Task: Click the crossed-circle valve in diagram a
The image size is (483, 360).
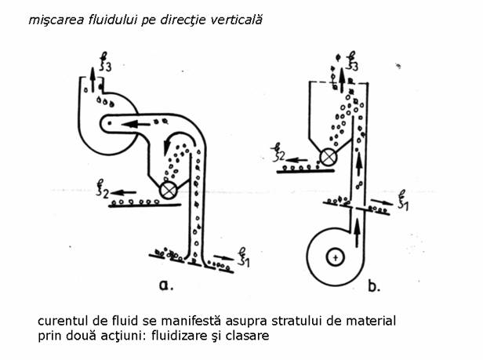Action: click(x=167, y=188)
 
